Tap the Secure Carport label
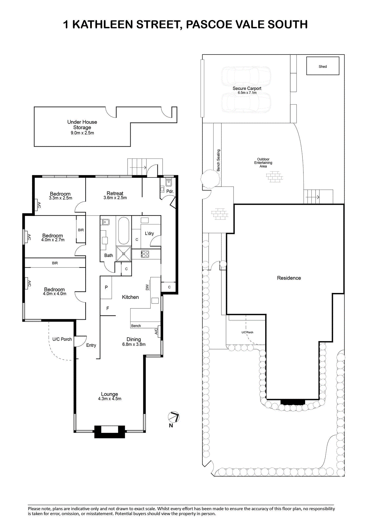coord(247,88)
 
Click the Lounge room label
coord(110,394)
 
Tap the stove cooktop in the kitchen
coord(145,254)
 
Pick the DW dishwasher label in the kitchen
coord(147,287)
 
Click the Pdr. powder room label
coord(170,191)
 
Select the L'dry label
coord(149,233)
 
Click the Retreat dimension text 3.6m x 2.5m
coord(115,198)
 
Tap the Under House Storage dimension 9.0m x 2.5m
coord(82,133)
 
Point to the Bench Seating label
coord(218,160)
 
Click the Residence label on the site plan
coord(289,278)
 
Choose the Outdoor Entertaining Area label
coord(263,163)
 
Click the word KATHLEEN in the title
coord(102,24)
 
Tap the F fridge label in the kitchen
coord(108,308)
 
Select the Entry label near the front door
coord(91,345)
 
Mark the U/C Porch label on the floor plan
coord(62,339)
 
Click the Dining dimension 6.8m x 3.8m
coord(134,344)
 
